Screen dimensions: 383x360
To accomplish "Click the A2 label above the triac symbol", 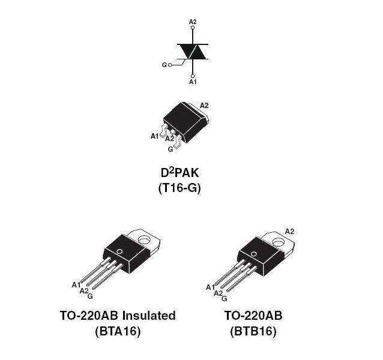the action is (x=193, y=22).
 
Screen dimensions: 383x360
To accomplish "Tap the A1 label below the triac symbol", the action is (x=193, y=82).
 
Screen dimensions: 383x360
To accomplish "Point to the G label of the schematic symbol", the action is (x=164, y=65).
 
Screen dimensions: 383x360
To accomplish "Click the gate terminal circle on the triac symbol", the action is (x=170, y=65).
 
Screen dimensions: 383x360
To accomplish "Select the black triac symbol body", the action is (x=193, y=52).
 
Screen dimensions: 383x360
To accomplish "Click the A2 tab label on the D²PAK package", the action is (x=204, y=106).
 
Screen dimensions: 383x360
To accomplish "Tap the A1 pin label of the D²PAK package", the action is (x=154, y=136).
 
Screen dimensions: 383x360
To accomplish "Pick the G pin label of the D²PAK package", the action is (x=170, y=149).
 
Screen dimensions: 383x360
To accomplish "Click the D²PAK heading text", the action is (x=179, y=173).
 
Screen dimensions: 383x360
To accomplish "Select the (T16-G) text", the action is (x=179, y=188).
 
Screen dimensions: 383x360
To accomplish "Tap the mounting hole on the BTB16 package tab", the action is (x=279, y=242).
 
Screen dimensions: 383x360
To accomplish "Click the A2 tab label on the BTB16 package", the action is (x=290, y=232).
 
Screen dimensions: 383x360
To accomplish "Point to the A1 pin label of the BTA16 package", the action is (x=76, y=285).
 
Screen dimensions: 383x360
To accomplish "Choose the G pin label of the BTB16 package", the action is (x=225, y=298).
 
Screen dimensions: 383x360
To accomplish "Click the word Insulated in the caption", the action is (x=149, y=316).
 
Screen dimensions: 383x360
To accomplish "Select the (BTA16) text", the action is (x=118, y=331).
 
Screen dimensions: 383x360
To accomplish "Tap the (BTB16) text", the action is (x=253, y=331).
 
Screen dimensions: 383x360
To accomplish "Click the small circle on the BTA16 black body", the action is (x=119, y=251).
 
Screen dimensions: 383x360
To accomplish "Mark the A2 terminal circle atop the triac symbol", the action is (x=193, y=28).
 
